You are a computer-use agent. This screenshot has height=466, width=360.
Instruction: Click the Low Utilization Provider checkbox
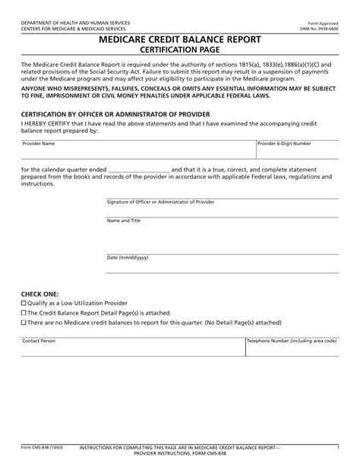click(24, 302)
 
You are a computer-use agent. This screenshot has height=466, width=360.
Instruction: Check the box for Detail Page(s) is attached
click(24, 312)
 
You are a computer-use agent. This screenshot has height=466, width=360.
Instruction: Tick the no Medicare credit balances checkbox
click(24, 322)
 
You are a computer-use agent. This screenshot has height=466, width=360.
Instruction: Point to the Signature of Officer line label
click(160, 202)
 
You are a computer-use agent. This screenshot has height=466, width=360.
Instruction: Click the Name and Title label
click(123, 220)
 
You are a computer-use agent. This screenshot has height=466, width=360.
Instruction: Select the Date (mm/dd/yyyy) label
click(127, 258)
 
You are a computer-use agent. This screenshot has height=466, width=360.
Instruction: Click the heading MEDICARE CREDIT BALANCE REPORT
click(180, 39)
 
